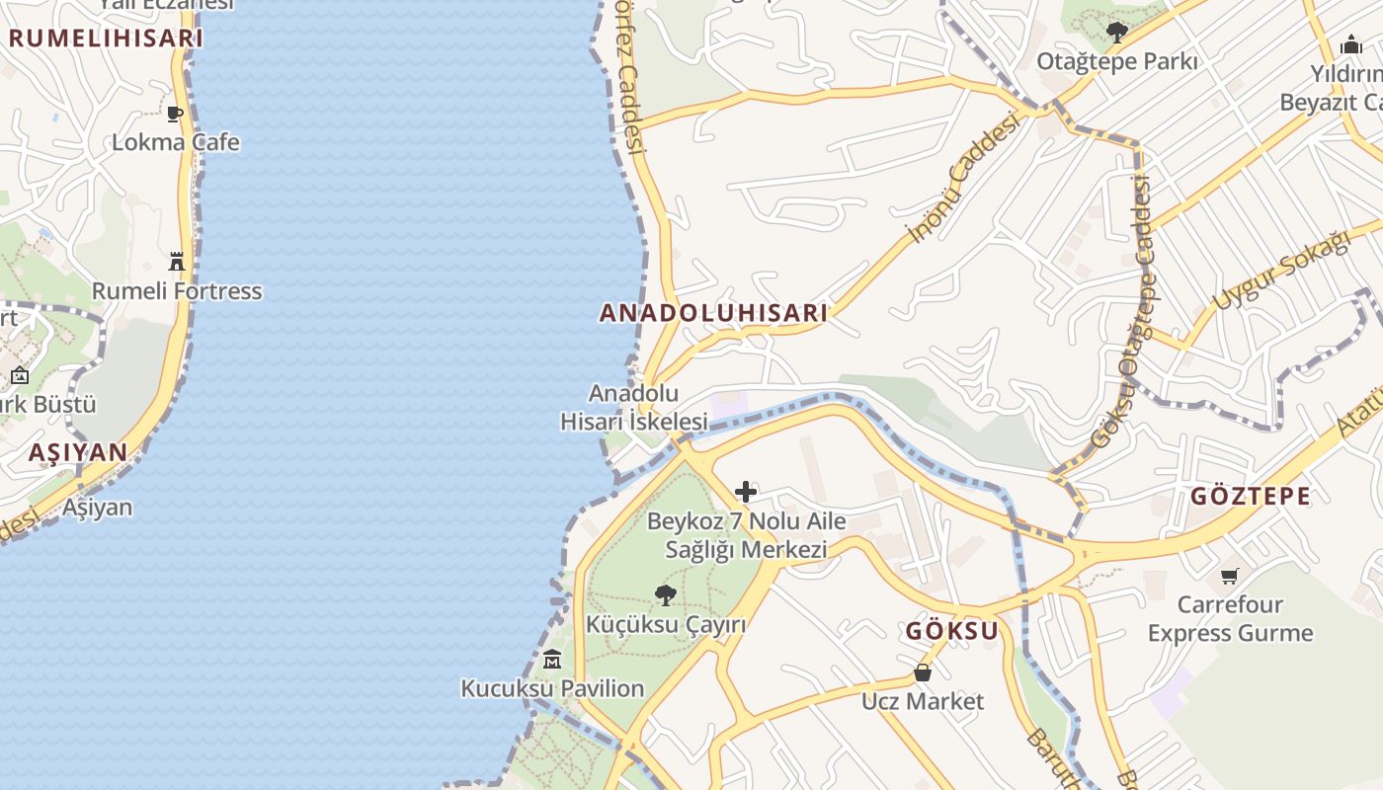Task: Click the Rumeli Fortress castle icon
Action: pos(177,262)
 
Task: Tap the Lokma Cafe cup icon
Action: pos(175,114)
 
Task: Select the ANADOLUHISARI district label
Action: pos(713,313)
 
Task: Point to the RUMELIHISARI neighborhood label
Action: pos(106,39)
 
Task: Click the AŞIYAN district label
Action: pos(78,452)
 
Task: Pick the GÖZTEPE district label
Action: pos(1250,496)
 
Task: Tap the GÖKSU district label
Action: pos(952,631)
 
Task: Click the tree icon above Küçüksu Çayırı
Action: pos(666,594)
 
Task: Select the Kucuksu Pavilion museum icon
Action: pos(552,659)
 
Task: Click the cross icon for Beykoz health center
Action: pos(746,492)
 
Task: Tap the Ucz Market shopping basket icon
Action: pos(923,672)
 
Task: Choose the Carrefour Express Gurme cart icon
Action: pos(1230,576)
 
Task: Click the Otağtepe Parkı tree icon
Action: pos(1116,33)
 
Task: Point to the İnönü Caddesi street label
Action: pos(963,178)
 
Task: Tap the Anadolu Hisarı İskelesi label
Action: pos(634,407)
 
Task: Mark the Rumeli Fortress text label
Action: pos(177,291)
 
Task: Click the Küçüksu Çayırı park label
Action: pos(666,624)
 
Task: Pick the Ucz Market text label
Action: pos(923,701)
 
